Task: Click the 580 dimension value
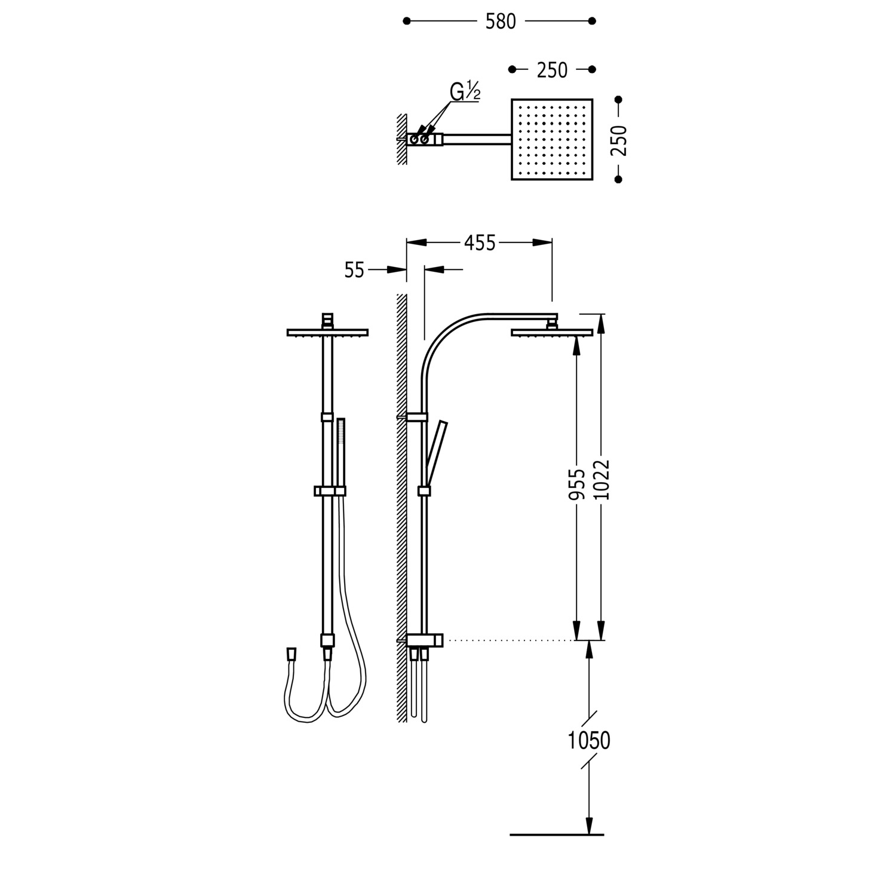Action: point(501,22)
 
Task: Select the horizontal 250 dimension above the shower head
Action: point(552,70)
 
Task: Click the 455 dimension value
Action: point(480,243)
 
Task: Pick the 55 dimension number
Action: point(354,270)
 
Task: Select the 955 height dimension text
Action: point(576,483)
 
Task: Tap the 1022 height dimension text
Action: point(602,480)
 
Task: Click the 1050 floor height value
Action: point(589,741)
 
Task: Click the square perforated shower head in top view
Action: point(552,139)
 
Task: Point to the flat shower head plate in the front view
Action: point(327,332)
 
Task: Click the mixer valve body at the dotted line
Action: point(425,640)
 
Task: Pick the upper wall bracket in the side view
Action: point(416,416)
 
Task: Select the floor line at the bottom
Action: point(557,834)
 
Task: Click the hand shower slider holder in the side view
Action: point(424,491)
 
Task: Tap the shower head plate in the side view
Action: point(552,332)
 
